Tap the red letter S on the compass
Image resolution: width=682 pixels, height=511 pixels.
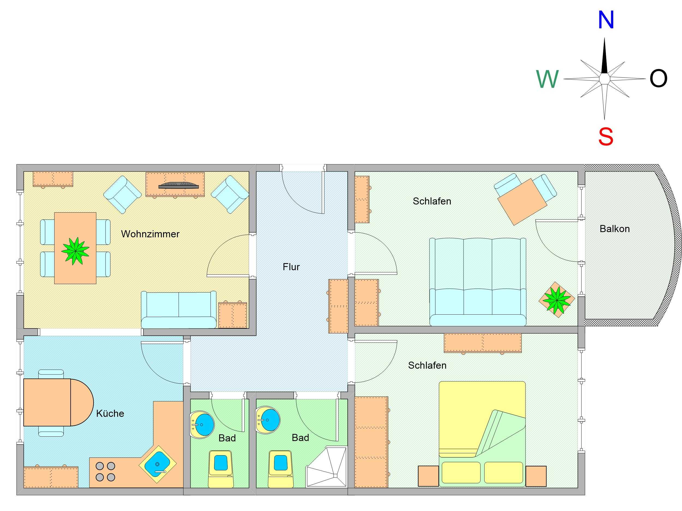point(606,136)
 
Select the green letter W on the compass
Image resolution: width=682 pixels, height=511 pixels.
point(548,79)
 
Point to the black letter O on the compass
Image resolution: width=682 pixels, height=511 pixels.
point(658,78)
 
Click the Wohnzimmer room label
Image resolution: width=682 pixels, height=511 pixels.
point(150,234)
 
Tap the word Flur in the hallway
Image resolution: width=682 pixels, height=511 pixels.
point(291,267)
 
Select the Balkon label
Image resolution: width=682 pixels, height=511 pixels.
point(614,229)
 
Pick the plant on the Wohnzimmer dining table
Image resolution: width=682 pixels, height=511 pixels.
point(75,251)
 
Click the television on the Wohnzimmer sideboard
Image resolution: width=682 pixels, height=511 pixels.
point(178,185)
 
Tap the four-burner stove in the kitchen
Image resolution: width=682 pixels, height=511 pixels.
point(106,472)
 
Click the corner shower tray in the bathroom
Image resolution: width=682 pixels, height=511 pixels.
point(326,467)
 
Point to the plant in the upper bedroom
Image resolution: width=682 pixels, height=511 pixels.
point(557,299)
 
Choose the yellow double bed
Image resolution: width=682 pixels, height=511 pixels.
point(482,434)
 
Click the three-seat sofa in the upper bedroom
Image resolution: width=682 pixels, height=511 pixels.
point(477,282)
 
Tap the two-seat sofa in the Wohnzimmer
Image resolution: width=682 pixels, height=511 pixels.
point(179,309)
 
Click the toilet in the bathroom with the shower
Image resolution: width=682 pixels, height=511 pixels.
point(281,469)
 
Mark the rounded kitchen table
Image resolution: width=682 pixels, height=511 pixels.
point(58,402)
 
